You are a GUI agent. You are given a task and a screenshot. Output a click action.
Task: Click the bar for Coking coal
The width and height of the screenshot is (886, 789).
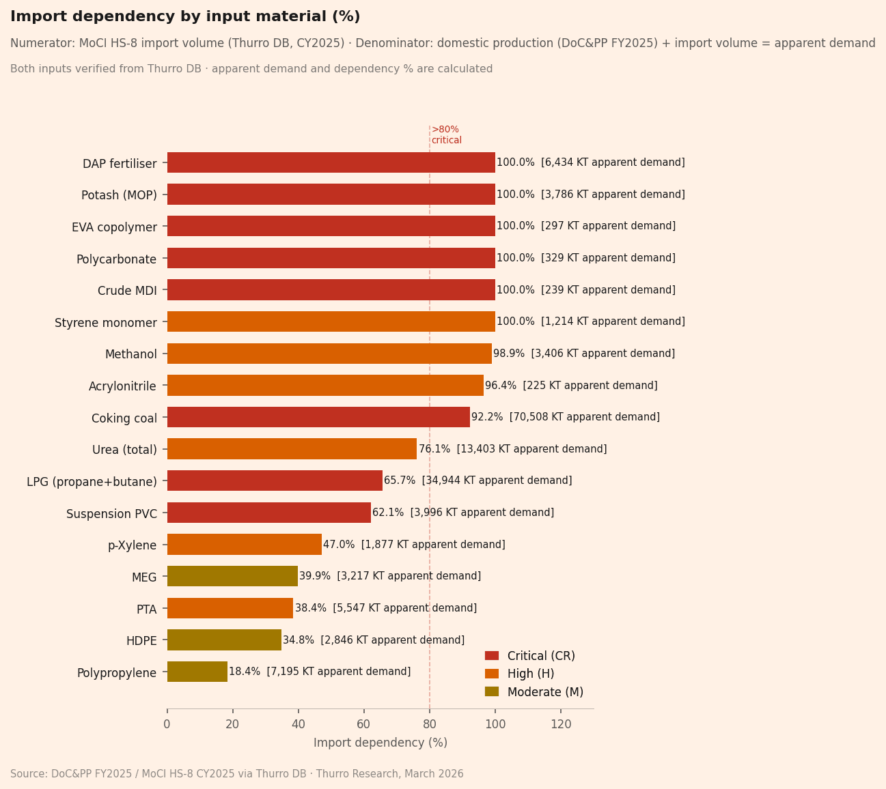(318, 417)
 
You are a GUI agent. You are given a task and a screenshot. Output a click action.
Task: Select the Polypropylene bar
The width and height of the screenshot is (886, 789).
(197, 672)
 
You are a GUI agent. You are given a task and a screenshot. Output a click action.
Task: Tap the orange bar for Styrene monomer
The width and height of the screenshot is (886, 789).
(331, 321)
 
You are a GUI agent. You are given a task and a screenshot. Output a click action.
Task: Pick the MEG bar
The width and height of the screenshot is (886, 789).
(232, 576)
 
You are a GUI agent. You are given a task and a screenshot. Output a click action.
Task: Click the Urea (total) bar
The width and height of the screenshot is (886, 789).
(292, 449)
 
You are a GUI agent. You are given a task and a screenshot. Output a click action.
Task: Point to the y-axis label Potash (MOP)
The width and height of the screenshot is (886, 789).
(119, 195)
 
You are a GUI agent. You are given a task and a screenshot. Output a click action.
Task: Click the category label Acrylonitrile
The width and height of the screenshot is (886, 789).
(122, 386)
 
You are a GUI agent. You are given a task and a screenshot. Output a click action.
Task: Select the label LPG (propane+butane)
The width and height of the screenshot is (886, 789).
(92, 482)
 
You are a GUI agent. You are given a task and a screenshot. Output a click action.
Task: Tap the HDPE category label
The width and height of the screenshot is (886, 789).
(141, 641)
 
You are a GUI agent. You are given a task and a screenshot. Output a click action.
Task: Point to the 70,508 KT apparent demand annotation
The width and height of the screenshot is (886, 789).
(584, 417)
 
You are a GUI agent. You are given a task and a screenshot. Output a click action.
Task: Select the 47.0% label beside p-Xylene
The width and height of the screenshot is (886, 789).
(339, 545)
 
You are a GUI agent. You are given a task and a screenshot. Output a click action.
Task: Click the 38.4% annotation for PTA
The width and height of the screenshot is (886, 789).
(311, 608)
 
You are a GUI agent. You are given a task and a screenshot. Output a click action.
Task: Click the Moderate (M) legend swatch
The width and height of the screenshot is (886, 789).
(492, 691)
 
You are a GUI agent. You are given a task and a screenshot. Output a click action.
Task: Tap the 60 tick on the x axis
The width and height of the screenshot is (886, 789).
(363, 724)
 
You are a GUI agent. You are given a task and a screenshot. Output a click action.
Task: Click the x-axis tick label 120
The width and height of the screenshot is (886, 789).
(561, 724)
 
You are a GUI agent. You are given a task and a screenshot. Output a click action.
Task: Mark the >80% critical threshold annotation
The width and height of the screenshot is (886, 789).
(446, 135)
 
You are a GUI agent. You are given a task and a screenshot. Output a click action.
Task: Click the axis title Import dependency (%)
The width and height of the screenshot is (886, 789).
(380, 743)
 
